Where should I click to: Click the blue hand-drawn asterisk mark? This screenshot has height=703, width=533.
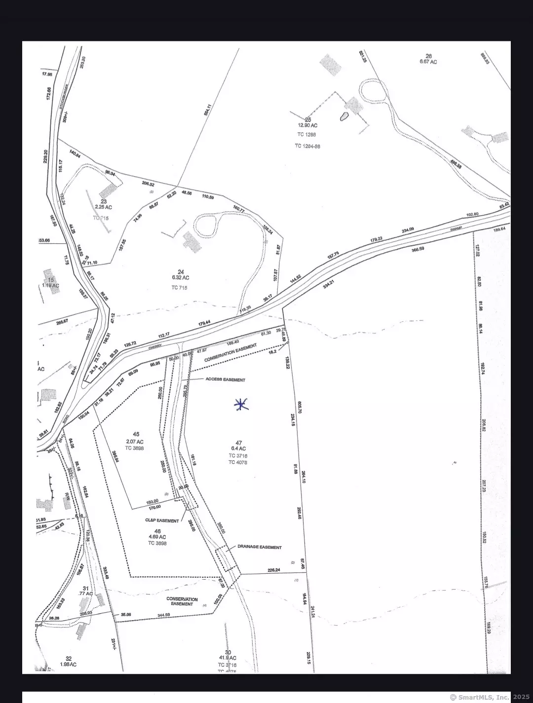(241, 405)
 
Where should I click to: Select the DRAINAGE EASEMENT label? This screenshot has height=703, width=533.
(260, 547)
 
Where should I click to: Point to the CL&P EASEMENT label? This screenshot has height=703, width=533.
(162, 520)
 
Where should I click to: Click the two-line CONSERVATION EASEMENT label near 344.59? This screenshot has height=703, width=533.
(182, 601)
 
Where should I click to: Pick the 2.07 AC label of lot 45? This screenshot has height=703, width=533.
(135, 442)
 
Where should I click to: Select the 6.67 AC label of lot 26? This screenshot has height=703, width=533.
(428, 62)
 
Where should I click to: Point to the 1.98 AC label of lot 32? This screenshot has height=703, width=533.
(68, 665)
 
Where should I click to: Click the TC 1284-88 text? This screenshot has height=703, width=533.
(307, 146)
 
